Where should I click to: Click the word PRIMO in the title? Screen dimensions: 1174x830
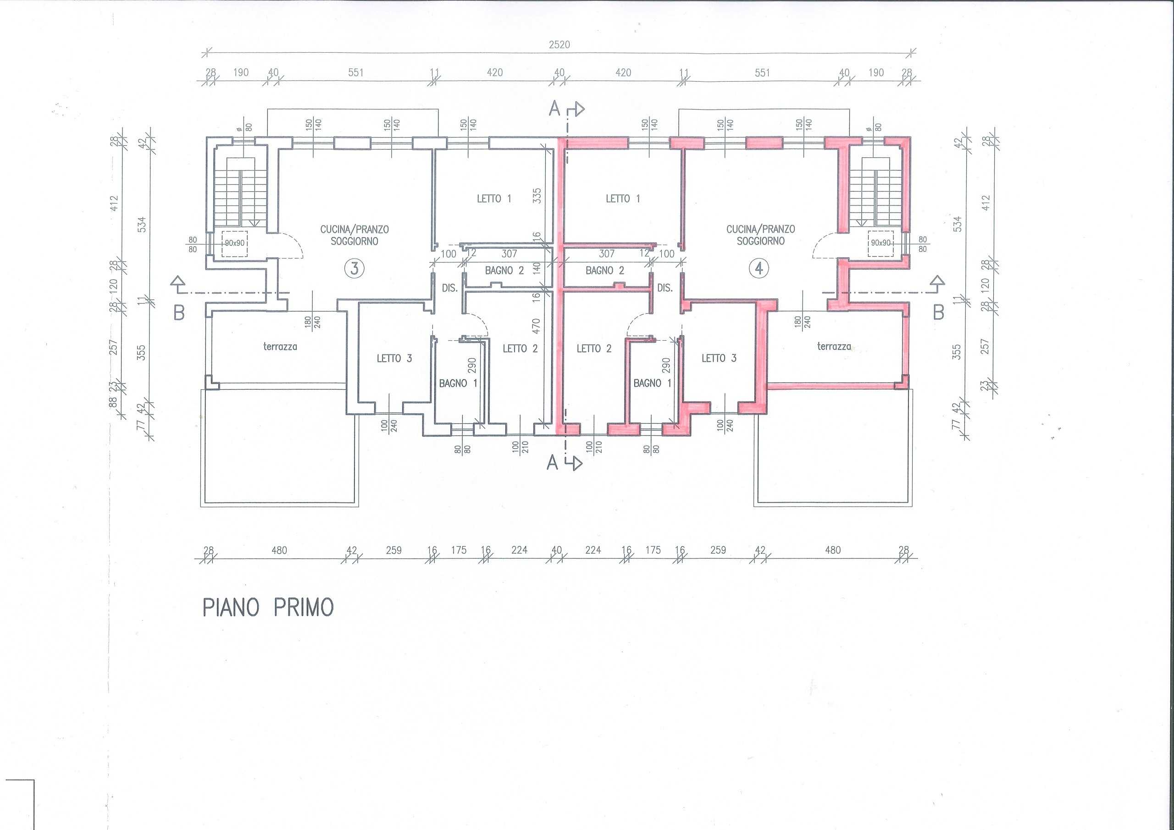pyautogui.click(x=304, y=607)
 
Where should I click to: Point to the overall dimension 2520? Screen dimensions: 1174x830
pyautogui.click(x=559, y=44)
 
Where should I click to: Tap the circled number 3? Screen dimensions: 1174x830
pyautogui.click(x=354, y=268)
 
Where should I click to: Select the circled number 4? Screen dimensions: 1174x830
pyautogui.click(x=759, y=268)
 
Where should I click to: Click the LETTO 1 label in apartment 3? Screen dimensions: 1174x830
pyautogui.click(x=494, y=199)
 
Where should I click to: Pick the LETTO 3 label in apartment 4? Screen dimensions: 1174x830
pyautogui.click(x=719, y=358)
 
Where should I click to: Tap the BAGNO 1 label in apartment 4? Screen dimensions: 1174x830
pyautogui.click(x=653, y=383)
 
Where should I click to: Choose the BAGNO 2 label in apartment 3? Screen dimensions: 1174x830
pyautogui.click(x=504, y=271)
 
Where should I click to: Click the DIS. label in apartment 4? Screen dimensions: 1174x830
pyautogui.click(x=665, y=288)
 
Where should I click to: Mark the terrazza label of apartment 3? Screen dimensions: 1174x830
pyautogui.click(x=280, y=346)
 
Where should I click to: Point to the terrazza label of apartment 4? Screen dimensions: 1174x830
pyautogui.click(x=834, y=346)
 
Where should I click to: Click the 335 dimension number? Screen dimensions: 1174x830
pyautogui.click(x=537, y=196)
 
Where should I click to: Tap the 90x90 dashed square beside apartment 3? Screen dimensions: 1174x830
pyautogui.click(x=235, y=243)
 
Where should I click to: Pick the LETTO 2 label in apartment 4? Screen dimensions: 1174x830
pyautogui.click(x=594, y=348)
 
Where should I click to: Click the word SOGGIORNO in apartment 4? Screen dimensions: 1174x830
pyautogui.click(x=760, y=241)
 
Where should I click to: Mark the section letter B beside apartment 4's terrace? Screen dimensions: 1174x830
pyautogui.click(x=938, y=312)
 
